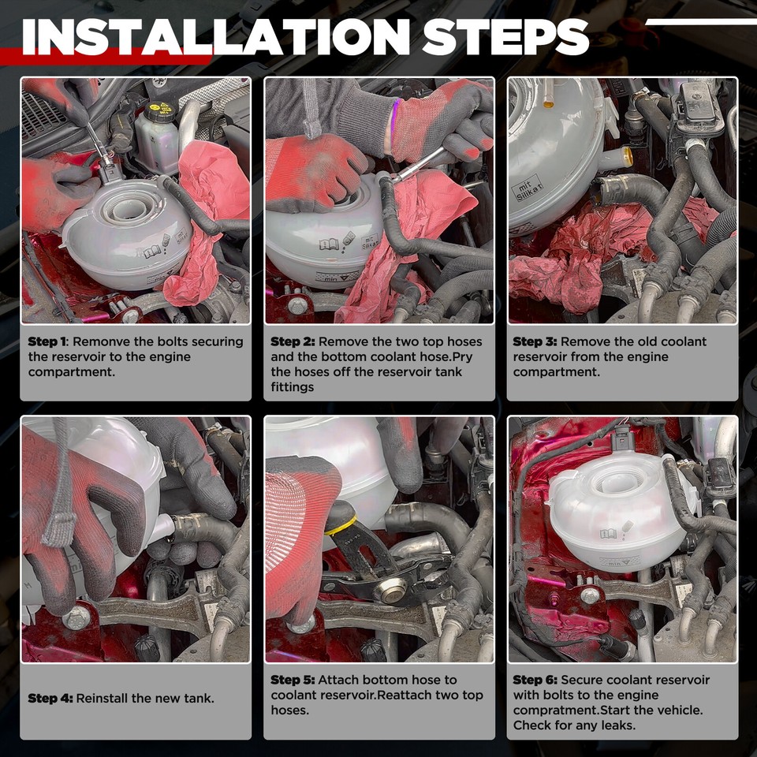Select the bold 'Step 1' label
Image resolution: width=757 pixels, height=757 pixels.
[47, 341]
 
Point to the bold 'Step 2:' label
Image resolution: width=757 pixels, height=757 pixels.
[293, 341]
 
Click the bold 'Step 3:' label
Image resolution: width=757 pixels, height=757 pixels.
[535, 341]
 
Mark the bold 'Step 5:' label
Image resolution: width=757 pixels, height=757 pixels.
[293, 680]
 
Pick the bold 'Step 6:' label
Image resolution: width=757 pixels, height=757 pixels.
[535, 680]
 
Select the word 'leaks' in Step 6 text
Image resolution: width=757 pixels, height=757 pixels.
[616, 725]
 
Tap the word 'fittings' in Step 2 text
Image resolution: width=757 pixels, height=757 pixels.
[293, 386]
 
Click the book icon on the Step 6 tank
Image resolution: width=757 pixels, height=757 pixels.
[608, 534]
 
